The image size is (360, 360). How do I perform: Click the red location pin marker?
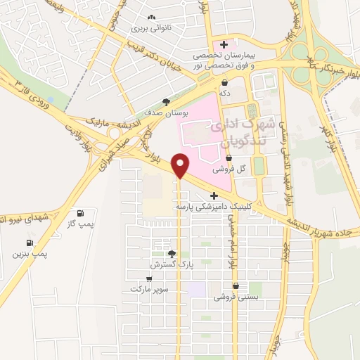[x=181, y=165]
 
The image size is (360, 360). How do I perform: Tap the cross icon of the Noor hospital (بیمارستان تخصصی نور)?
[x=224, y=45]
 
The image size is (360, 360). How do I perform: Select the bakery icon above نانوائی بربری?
[x=152, y=18]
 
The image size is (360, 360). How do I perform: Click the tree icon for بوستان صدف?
[x=166, y=101]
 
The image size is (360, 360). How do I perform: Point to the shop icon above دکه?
[x=224, y=83]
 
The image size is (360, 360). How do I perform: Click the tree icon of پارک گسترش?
[x=171, y=253]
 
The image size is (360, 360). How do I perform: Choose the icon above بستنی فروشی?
[x=236, y=287]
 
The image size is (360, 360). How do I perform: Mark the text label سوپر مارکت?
[x=147, y=289]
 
